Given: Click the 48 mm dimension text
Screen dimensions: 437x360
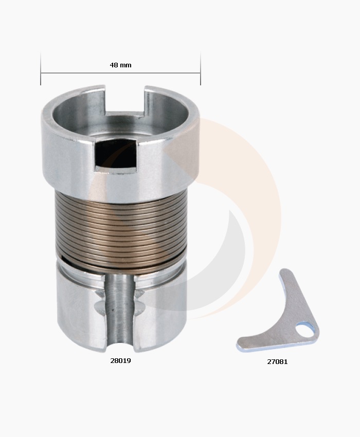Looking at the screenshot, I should [120, 65].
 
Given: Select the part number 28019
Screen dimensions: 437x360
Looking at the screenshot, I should [120, 361].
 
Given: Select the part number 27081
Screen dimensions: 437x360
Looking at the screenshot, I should [277, 361].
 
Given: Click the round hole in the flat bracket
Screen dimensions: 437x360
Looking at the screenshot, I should [307, 330].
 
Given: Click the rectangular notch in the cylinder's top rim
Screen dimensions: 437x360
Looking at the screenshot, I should [125, 100].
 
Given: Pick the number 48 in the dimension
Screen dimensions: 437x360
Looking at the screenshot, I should [114, 65].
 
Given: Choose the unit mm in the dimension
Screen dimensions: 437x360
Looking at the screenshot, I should [125, 65].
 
